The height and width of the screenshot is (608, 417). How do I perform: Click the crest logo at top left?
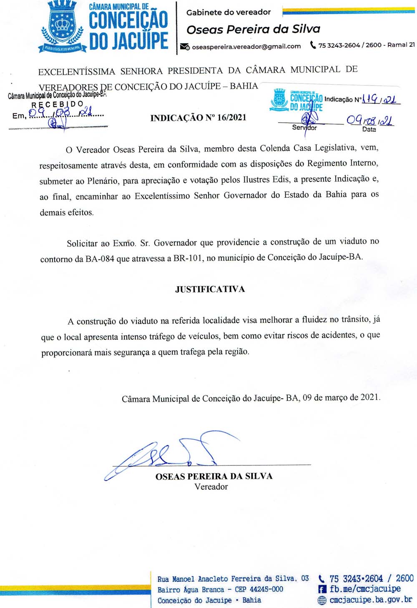63,26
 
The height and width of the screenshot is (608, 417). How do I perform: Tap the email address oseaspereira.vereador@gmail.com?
246,46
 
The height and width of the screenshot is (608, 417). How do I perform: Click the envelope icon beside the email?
185,46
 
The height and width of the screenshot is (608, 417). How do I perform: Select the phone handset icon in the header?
313,45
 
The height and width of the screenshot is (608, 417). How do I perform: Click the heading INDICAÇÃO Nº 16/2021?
198,118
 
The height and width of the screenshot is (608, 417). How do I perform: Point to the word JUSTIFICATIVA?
210,289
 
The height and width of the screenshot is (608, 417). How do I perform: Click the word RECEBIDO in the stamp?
58,104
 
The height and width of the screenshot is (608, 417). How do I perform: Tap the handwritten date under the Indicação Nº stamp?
369,121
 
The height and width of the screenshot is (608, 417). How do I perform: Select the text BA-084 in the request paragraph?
100,259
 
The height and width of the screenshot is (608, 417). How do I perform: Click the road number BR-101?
188,258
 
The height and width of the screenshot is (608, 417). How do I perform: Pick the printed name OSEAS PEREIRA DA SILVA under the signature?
214,476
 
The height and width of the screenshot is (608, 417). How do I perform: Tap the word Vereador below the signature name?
211,487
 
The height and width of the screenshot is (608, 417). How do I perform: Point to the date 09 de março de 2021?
342,397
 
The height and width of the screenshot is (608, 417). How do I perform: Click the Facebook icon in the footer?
322,589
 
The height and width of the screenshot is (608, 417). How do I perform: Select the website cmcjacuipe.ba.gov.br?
371,600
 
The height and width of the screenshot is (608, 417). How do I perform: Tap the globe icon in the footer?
322,600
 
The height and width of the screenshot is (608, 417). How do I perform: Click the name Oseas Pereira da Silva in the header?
253,29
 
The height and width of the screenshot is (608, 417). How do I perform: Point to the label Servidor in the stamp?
304,128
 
